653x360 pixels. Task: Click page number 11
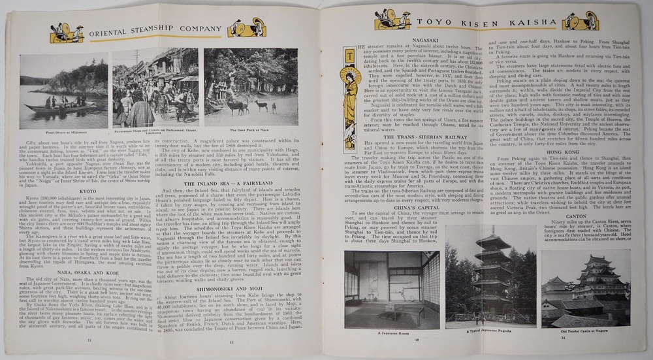click(x=89, y=340)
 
